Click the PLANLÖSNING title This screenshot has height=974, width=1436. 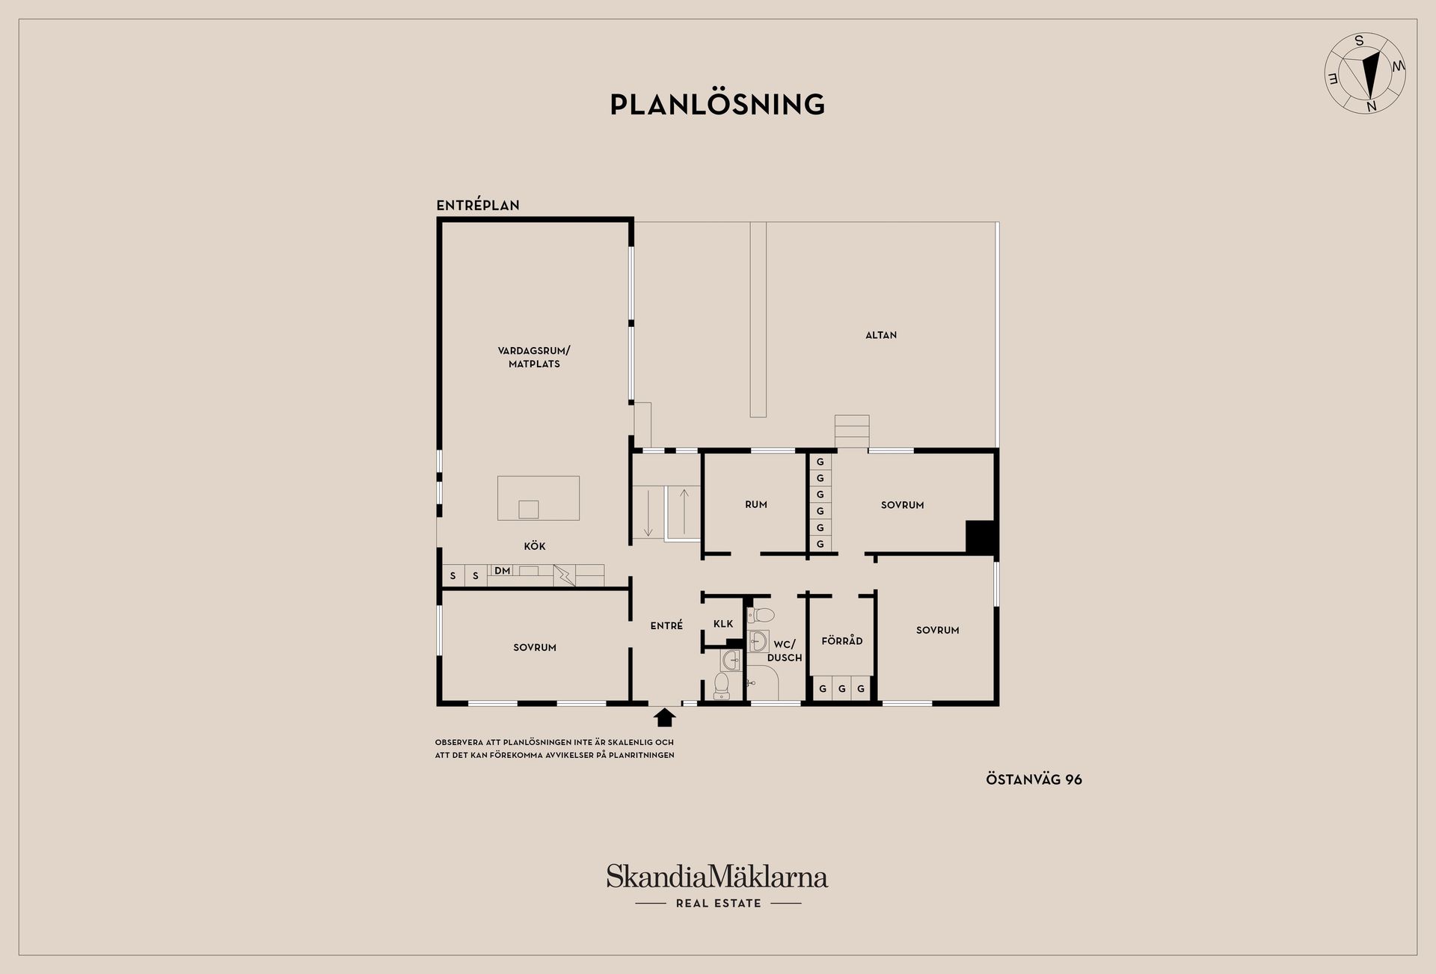coord(717,104)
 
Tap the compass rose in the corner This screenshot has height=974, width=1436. coord(1365,73)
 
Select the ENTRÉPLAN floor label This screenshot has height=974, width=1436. coord(478,205)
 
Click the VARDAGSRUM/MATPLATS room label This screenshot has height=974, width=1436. coord(534,357)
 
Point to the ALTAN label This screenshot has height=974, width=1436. coord(881,335)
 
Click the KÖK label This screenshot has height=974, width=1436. coord(535,546)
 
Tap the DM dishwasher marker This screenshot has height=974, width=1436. coord(503,571)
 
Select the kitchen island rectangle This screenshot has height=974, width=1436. coord(538,497)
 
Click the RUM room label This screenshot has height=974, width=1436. coord(756,504)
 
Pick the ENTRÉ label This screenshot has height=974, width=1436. coord(666,625)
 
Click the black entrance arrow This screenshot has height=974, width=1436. coord(665,717)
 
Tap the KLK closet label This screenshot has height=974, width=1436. coord(723,624)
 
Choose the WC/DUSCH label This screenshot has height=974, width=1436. coord(785,651)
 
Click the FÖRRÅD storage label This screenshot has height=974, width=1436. coord(842,641)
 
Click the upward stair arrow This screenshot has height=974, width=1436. coord(684,512)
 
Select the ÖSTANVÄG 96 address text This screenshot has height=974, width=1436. coord(1034,779)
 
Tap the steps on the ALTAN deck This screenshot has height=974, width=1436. coord(852,432)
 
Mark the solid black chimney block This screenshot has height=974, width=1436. coord(980,536)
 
